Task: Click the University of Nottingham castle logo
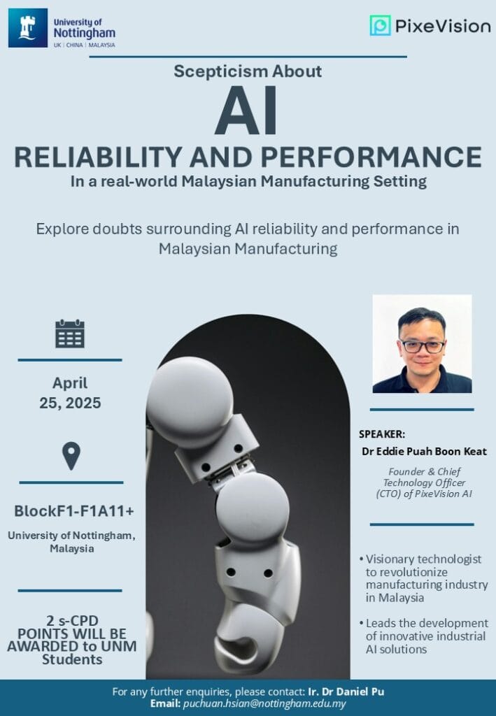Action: click(28, 28)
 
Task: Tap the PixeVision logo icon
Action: click(380, 26)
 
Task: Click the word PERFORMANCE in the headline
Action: click(371, 157)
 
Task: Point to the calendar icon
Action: click(70, 334)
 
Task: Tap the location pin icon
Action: click(71, 456)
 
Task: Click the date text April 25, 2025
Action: click(70, 393)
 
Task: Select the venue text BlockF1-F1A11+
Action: click(74, 511)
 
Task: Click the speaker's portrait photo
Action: click(422, 343)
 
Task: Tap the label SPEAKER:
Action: click(382, 434)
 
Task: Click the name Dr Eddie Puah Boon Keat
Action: click(425, 452)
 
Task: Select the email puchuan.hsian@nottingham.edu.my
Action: click(264, 703)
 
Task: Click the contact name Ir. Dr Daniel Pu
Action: click(346, 692)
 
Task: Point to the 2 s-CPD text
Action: click(72, 621)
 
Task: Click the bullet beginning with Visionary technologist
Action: click(423, 578)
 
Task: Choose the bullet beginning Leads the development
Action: click(423, 636)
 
